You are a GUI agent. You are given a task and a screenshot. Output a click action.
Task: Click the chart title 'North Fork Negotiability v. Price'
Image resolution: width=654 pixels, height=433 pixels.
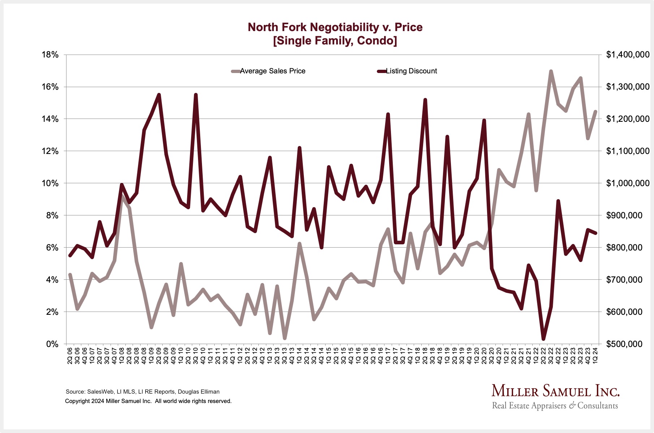tap(335, 27)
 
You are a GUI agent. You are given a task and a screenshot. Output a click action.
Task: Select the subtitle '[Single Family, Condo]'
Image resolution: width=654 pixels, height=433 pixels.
tap(335, 40)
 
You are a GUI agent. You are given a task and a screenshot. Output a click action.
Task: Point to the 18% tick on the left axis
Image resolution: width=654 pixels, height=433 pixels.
tap(50, 55)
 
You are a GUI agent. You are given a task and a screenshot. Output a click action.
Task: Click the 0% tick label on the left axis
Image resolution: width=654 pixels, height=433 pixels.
tap(52, 344)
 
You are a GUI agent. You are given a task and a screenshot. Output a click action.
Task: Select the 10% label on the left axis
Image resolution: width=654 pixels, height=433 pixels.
tap(50, 183)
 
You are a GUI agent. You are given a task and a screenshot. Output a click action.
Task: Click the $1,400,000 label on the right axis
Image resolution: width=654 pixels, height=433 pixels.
tap(628, 55)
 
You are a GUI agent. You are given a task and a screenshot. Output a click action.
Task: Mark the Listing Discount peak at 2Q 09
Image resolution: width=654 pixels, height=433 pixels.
tap(159, 95)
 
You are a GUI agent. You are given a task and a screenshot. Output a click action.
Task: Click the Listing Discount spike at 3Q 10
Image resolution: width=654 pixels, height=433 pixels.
tap(196, 95)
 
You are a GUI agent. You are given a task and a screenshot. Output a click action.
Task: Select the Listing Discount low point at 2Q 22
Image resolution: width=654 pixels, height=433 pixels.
tap(543, 339)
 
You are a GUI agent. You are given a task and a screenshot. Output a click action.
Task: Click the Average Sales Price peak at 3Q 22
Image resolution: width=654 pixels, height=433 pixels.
tap(551, 71)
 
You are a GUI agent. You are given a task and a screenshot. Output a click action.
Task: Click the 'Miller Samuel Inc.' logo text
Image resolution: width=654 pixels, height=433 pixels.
tap(555, 391)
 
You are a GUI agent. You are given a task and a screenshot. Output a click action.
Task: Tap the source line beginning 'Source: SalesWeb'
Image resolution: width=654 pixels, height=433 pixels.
tap(142, 392)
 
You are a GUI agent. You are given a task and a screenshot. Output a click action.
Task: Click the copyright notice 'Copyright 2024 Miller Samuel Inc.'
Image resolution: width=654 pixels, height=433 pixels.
tap(148, 401)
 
